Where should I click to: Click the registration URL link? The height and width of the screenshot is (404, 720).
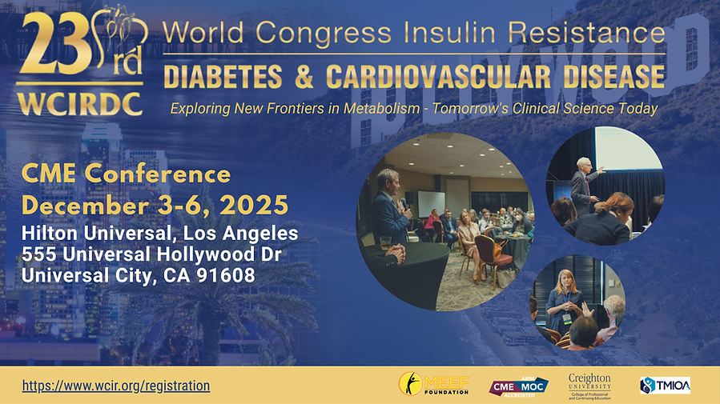(x=116, y=386)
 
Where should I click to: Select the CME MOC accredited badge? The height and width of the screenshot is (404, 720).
(x=518, y=386)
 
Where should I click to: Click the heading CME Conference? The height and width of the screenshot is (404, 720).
(x=126, y=173)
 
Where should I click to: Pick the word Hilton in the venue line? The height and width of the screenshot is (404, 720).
(x=50, y=234)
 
